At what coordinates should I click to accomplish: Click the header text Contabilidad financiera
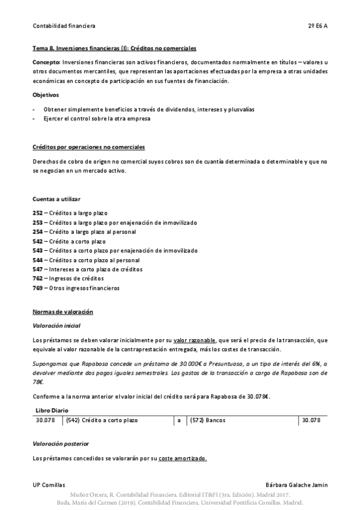[64, 26]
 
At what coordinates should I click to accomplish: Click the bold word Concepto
[45, 63]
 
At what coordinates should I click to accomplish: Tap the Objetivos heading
[46, 95]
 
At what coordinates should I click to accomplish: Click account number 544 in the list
[37, 260]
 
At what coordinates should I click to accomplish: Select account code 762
[37, 278]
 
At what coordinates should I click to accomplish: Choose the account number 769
[37, 288]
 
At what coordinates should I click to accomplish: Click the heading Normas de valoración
[63, 313]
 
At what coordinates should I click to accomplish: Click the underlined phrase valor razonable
[194, 340]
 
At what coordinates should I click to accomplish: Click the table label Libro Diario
[52, 410]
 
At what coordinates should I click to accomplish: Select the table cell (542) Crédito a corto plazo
[98, 420]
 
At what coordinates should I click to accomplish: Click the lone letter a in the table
[179, 420]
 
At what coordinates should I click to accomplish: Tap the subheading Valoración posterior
[61, 443]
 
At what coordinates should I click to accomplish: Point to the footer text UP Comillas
[49, 485]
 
